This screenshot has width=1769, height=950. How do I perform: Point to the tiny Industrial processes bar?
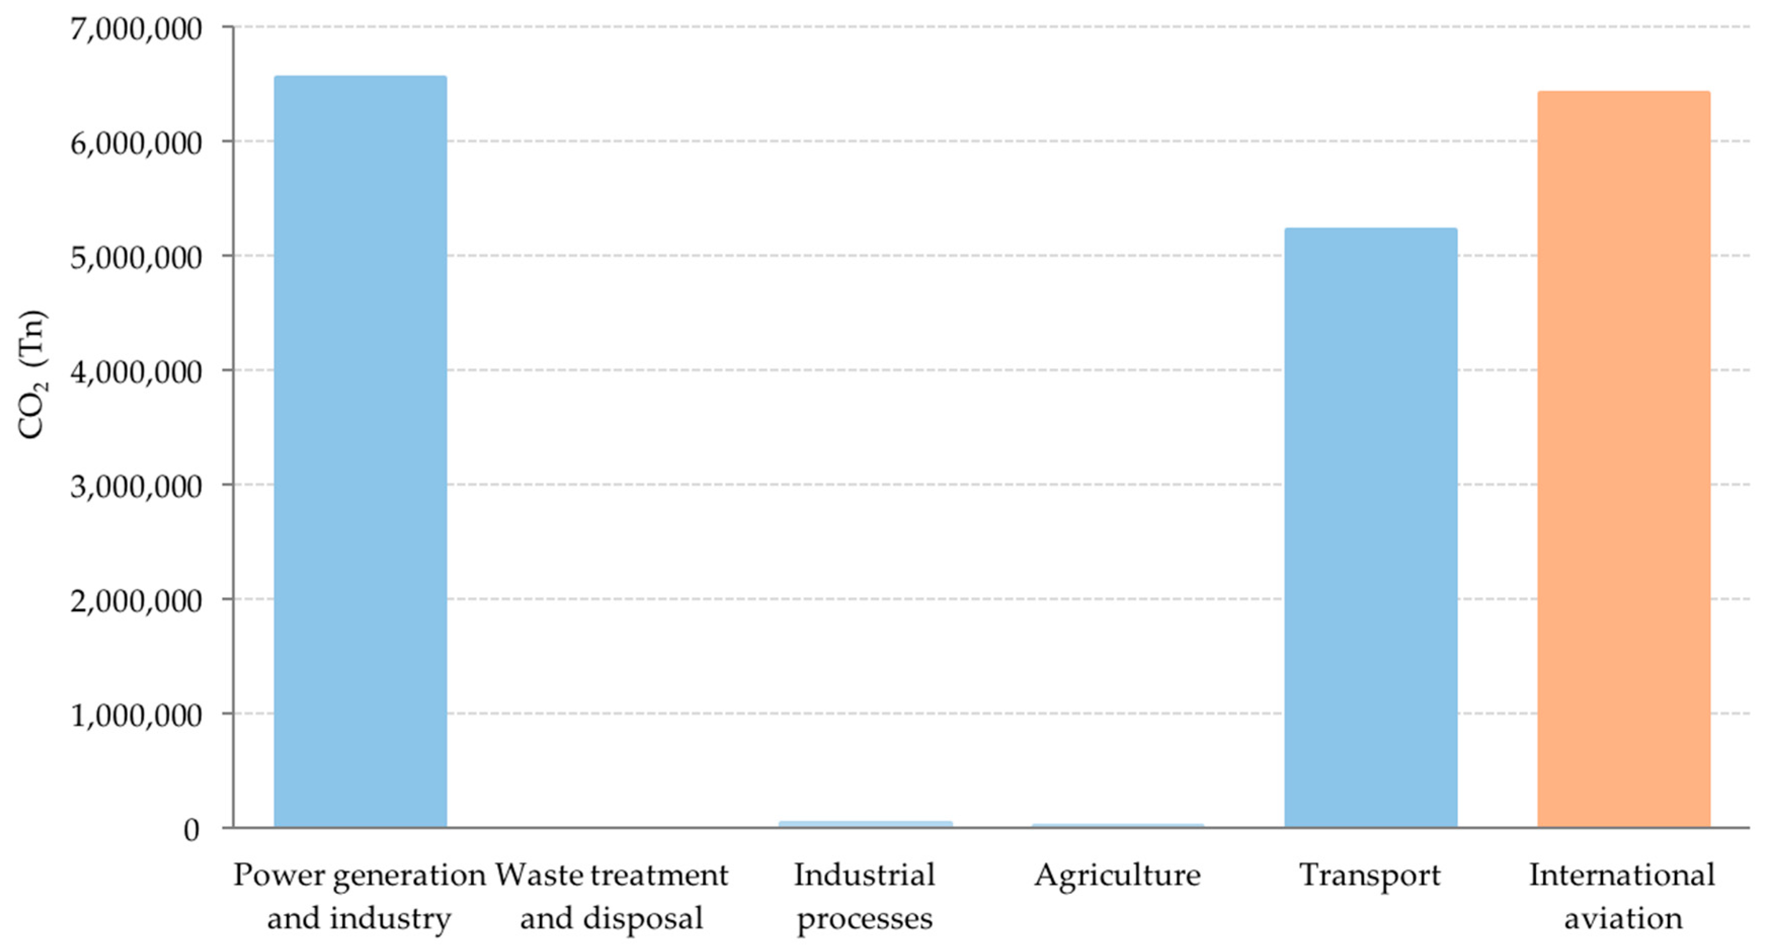click(x=866, y=823)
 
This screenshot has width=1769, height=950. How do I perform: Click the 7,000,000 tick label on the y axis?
click(x=136, y=29)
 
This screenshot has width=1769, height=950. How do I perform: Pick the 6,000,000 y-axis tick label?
click(x=136, y=143)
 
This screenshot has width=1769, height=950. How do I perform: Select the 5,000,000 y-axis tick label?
click(x=136, y=258)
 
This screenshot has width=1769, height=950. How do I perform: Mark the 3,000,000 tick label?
click(x=136, y=486)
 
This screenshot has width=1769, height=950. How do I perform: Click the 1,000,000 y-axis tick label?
click(x=136, y=715)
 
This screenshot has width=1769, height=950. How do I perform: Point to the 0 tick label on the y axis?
click(x=191, y=830)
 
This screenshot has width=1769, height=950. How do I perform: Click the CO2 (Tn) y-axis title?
click(x=31, y=375)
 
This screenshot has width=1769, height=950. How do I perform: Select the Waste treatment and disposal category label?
click(x=611, y=896)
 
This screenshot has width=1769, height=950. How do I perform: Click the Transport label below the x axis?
click(x=1370, y=875)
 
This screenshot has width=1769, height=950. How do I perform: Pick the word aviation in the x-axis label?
click(x=1623, y=919)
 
